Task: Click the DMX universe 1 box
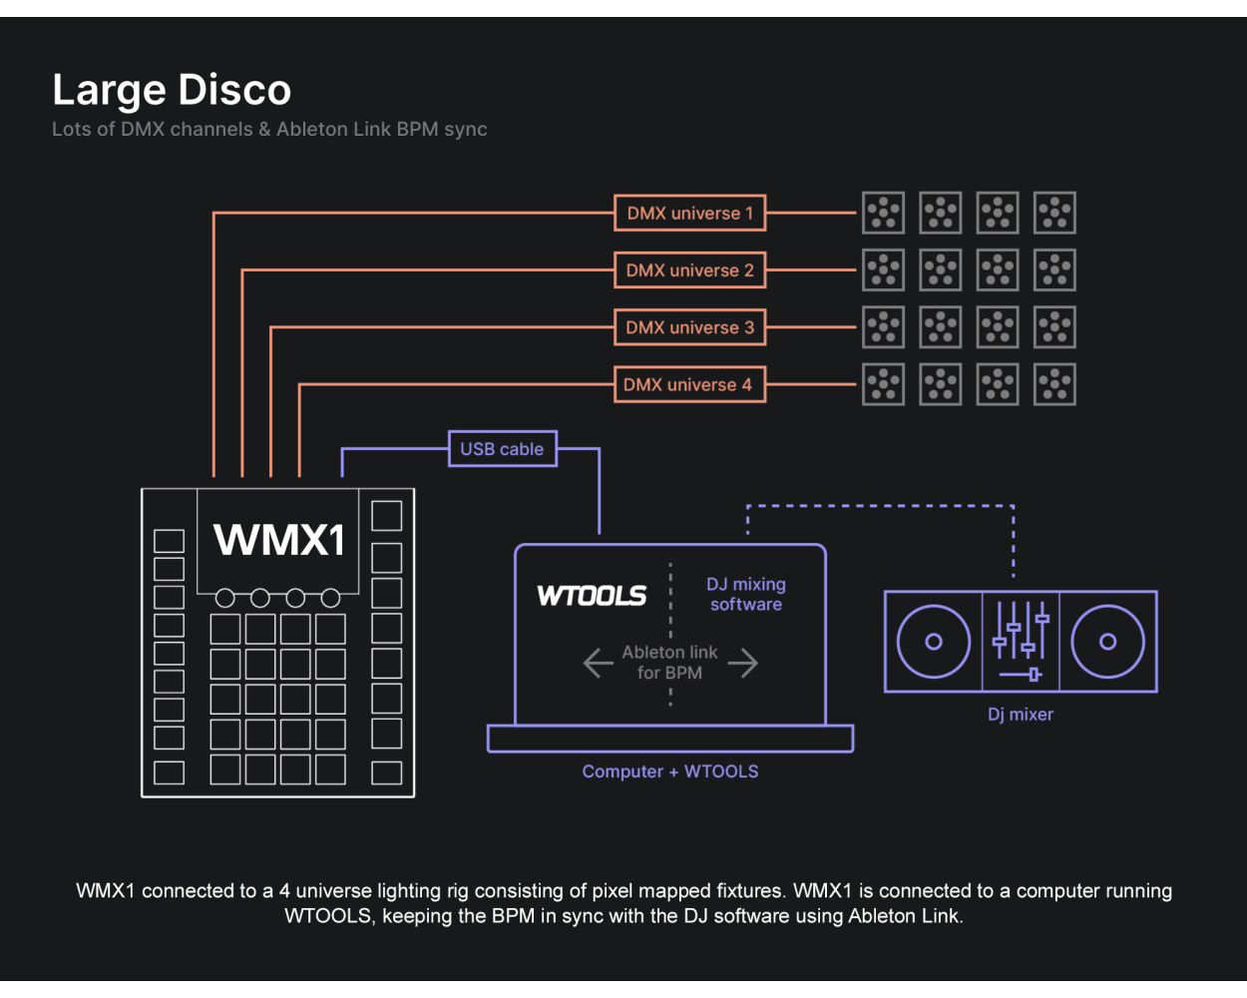click(x=689, y=213)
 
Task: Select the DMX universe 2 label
click(x=689, y=270)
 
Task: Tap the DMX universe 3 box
click(x=689, y=327)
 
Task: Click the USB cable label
click(x=502, y=449)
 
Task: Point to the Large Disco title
click(x=172, y=90)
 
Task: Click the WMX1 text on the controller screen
click(x=278, y=540)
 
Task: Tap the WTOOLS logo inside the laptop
click(x=592, y=596)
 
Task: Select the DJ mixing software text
click(x=746, y=594)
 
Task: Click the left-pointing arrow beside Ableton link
click(x=598, y=663)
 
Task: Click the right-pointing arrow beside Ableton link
click(x=743, y=663)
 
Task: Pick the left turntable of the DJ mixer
click(x=933, y=642)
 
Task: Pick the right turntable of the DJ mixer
click(x=1107, y=642)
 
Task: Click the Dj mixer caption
click(x=1021, y=715)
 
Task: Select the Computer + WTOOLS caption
click(x=670, y=771)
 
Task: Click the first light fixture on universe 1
click(x=883, y=213)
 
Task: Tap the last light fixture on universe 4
click(x=1054, y=384)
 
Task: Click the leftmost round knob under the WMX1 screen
click(x=225, y=598)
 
